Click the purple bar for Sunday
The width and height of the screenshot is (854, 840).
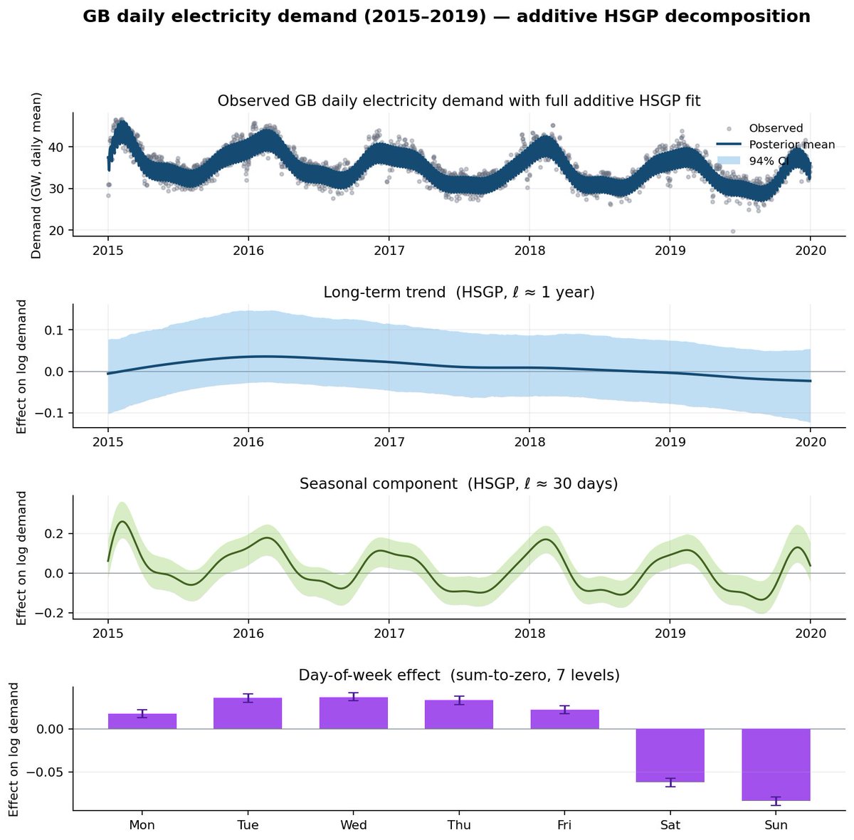[x=776, y=764]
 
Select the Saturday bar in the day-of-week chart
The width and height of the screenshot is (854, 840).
[x=670, y=755]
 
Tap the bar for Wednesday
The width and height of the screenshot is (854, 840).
[x=353, y=713]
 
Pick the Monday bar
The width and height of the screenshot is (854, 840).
[x=142, y=721]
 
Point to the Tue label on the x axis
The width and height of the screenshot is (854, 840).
[x=248, y=824]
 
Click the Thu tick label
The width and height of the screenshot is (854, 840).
[x=459, y=824]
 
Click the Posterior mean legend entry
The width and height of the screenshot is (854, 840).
[x=776, y=145]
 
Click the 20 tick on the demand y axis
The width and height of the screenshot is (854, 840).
[x=56, y=231]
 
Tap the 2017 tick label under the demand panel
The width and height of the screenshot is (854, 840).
[x=389, y=251]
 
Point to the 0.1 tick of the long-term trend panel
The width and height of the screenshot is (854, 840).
[x=53, y=330]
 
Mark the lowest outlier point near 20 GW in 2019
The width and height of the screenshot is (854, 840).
[x=732, y=231]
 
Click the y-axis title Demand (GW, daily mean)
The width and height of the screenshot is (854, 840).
[x=36, y=176]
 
